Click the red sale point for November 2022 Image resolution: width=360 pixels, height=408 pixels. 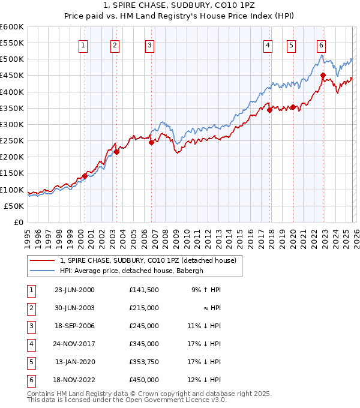coord(323,76)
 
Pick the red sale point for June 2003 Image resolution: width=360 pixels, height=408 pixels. coord(117,152)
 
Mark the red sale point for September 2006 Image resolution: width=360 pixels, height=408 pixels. coord(151,142)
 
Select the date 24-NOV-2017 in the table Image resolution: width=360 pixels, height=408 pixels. coord(74,344)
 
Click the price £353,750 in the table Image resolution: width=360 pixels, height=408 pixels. coord(143,362)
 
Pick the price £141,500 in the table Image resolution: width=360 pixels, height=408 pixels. coord(143,290)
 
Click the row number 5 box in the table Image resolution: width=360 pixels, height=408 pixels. coord(31,362)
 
